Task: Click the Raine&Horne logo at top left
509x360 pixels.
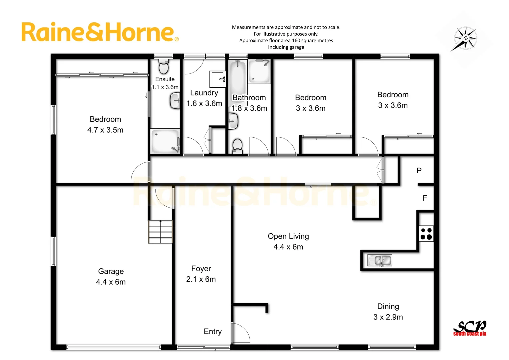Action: (100, 32)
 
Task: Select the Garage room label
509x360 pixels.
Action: (111, 271)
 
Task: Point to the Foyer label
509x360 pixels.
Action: (201, 269)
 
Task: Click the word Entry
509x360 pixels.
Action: (213, 331)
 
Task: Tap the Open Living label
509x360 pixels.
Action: (288, 236)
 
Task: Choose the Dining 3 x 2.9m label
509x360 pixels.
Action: (388, 312)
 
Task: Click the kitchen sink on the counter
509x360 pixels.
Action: (380, 260)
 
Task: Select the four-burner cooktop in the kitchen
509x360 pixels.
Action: (426, 234)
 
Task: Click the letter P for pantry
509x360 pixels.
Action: (419, 171)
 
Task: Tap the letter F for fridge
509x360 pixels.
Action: (425, 198)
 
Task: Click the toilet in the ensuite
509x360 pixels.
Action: (164, 67)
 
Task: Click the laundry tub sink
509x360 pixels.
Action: (218, 79)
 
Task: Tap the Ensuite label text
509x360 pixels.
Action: (165, 79)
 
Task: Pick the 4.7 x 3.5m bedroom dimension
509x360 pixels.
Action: (105, 130)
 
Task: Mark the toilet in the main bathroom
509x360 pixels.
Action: (237, 146)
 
